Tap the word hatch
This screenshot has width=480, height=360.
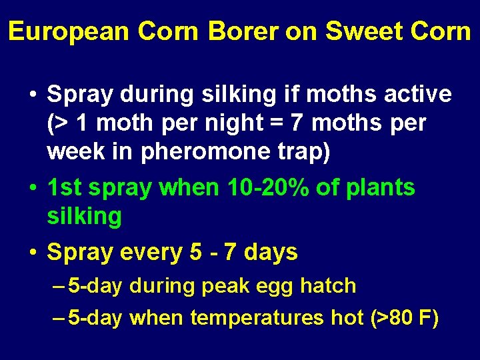(x=328, y=286)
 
